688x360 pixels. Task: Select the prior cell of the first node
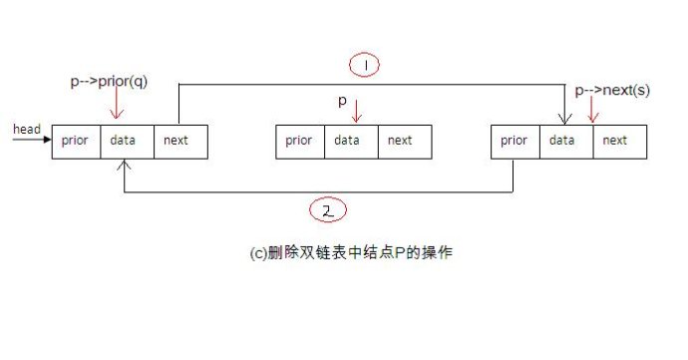click(x=75, y=141)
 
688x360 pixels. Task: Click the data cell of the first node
click(x=125, y=141)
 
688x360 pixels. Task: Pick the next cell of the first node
click(x=177, y=141)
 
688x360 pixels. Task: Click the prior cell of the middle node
click(x=299, y=141)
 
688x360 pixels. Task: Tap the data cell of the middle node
click(x=348, y=141)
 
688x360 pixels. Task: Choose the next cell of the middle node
click(x=401, y=141)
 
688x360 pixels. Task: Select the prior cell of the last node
click(x=515, y=141)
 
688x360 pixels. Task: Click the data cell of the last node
click(x=564, y=141)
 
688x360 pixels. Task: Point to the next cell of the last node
click(x=616, y=141)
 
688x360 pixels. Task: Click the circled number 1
click(x=364, y=65)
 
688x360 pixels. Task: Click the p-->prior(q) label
click(x=109, y=81)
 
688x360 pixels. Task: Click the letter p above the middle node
click(x=341, y=101)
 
